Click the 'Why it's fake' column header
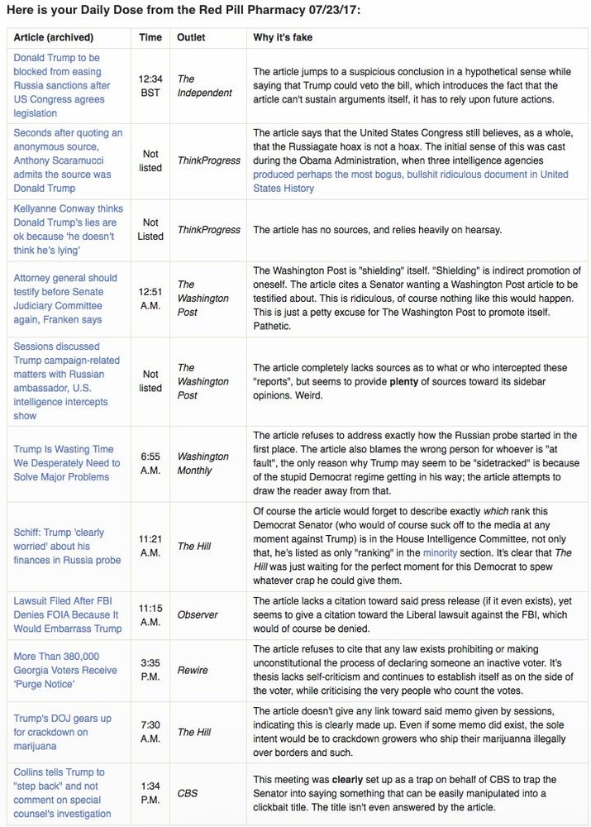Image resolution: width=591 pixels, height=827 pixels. (282, 37)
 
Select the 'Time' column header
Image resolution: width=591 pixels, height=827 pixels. (150, 37)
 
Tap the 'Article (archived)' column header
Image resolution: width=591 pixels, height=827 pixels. (54, 37)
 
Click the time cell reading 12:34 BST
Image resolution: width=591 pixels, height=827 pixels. (150, 85)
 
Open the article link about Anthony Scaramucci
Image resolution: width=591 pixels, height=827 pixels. (68, 160)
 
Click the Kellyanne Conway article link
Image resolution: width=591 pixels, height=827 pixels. (65, 229)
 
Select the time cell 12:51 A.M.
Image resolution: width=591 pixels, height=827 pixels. (150, 299)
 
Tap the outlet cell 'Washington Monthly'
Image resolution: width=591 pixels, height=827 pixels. (203, 463)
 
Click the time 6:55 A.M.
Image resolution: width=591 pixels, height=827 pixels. (150, 463)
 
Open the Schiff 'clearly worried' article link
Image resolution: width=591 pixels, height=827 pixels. (67, 546)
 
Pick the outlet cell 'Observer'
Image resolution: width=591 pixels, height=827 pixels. (197, 614)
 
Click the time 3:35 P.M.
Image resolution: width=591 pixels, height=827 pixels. (150, 670)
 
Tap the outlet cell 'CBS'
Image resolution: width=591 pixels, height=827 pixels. (188, 793)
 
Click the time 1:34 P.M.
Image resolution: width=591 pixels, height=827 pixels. (150, 793)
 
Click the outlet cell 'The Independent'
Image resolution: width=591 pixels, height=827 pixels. (204, 85)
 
